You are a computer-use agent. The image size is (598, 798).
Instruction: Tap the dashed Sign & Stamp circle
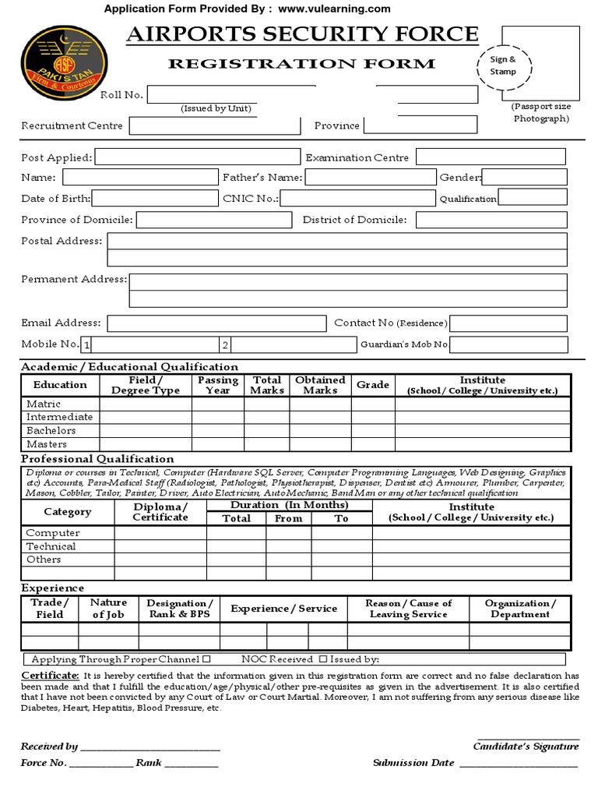503,65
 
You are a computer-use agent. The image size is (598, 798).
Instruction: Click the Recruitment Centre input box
215,125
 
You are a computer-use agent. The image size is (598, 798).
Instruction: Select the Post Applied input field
197,157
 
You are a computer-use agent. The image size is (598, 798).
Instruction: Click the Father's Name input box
370,178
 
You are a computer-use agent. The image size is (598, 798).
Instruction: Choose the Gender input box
525,178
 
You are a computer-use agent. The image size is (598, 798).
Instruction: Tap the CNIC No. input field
358,198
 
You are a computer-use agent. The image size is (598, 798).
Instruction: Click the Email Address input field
216,323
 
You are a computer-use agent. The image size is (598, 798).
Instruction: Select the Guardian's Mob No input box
508,344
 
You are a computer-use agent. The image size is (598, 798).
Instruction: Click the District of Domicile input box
491,220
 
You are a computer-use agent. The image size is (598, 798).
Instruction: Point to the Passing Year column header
217,385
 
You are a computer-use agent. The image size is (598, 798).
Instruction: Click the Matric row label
44,404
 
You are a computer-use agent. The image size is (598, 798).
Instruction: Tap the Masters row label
47,443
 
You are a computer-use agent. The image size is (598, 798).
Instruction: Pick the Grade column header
373,385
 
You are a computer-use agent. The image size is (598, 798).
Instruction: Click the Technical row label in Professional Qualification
51,546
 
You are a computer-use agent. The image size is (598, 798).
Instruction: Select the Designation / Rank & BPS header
180,609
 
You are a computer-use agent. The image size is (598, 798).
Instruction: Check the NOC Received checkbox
322,659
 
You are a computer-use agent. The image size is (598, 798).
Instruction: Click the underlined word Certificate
50,674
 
